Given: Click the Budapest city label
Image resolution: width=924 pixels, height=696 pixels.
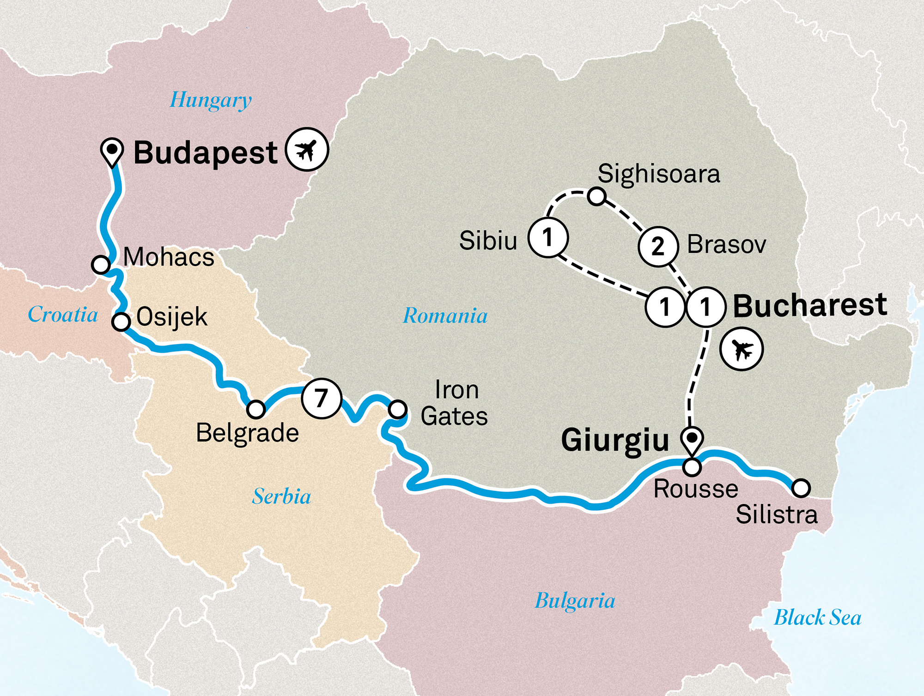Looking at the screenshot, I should click(205, 153).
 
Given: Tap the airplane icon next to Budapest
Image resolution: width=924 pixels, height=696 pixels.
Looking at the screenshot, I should click(306, 149).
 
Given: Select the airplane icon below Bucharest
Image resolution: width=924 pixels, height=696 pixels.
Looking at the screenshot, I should click(741, 349).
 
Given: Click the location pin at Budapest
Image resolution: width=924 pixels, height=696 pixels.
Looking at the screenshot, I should click(112, 150).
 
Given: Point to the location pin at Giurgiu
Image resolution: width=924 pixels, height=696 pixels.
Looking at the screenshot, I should click(692, 438).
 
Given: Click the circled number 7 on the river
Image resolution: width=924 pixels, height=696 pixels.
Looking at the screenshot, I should click(321, 398).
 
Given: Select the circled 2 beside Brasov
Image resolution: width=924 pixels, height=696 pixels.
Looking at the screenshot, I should click(658, 247).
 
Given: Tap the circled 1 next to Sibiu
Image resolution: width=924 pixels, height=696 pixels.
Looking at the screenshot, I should click(548, 238).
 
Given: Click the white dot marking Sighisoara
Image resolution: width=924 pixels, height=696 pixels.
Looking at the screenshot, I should click(596, 196).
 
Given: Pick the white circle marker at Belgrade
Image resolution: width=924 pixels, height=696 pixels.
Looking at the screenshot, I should click(255, 409).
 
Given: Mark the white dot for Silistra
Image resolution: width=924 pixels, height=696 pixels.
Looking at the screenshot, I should click(801, 488).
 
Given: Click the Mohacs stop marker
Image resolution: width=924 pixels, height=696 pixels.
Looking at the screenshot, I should click(101, 265).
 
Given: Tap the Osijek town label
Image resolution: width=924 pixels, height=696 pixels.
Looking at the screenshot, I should click(171, 317).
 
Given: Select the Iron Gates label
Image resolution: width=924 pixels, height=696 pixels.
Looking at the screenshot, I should click(455, 403).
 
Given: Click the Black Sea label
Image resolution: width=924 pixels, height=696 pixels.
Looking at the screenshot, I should click(817, 618).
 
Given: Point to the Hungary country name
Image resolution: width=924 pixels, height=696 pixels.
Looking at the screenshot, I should click(211, 100).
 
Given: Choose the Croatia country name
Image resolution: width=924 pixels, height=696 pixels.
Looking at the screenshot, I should click(63, 315).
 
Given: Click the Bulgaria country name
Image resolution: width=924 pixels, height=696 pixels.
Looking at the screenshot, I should click(575, 601).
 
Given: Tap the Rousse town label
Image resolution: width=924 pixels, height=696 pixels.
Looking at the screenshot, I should click(696, 489).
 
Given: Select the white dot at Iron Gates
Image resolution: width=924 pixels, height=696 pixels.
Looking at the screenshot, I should click(397, 409).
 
